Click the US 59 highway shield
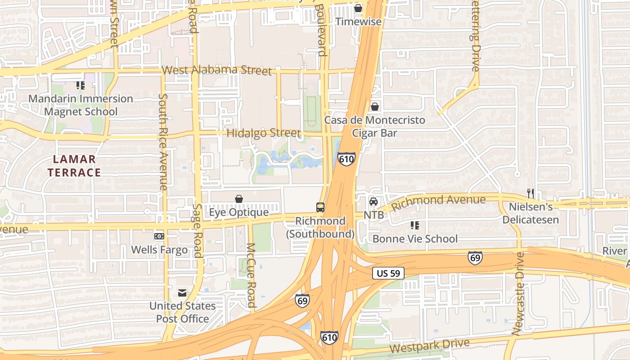388,273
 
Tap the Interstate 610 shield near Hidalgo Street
346,159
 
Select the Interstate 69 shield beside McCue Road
302,300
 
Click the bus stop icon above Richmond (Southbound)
320,207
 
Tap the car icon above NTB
373,201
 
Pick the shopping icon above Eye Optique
239,198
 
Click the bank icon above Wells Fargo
159,236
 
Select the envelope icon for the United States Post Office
182,293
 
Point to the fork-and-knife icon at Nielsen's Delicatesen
531,193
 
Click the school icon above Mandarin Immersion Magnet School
81,85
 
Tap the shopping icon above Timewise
358,8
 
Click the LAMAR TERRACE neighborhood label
74,166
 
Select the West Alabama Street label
217,71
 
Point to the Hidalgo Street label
263,133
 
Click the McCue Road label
251,275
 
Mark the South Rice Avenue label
164,142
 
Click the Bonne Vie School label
415,238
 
